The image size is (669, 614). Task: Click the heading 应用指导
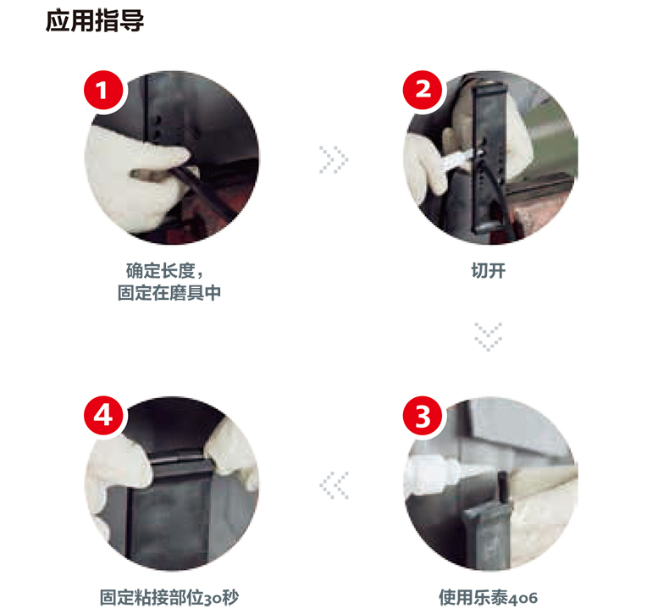[95, 20]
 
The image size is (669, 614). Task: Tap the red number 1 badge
[102, 91]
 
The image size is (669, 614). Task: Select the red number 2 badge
[423, 90]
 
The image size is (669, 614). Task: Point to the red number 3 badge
[423, 416]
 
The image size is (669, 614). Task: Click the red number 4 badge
[102, 416]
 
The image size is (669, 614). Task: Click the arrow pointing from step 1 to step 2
[334, 159]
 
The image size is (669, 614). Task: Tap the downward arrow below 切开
[488, 337]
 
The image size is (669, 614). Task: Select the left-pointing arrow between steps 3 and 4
[334, 485]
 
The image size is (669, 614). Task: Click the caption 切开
[488, 270]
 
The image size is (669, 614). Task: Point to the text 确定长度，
[164, 270]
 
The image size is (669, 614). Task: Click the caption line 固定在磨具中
[169, 293]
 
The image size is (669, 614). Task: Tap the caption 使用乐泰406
[488, 597]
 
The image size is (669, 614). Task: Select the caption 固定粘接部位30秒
[169, 597]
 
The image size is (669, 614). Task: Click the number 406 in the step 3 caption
[523, 598]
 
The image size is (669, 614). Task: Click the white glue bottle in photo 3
[433, 476]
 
